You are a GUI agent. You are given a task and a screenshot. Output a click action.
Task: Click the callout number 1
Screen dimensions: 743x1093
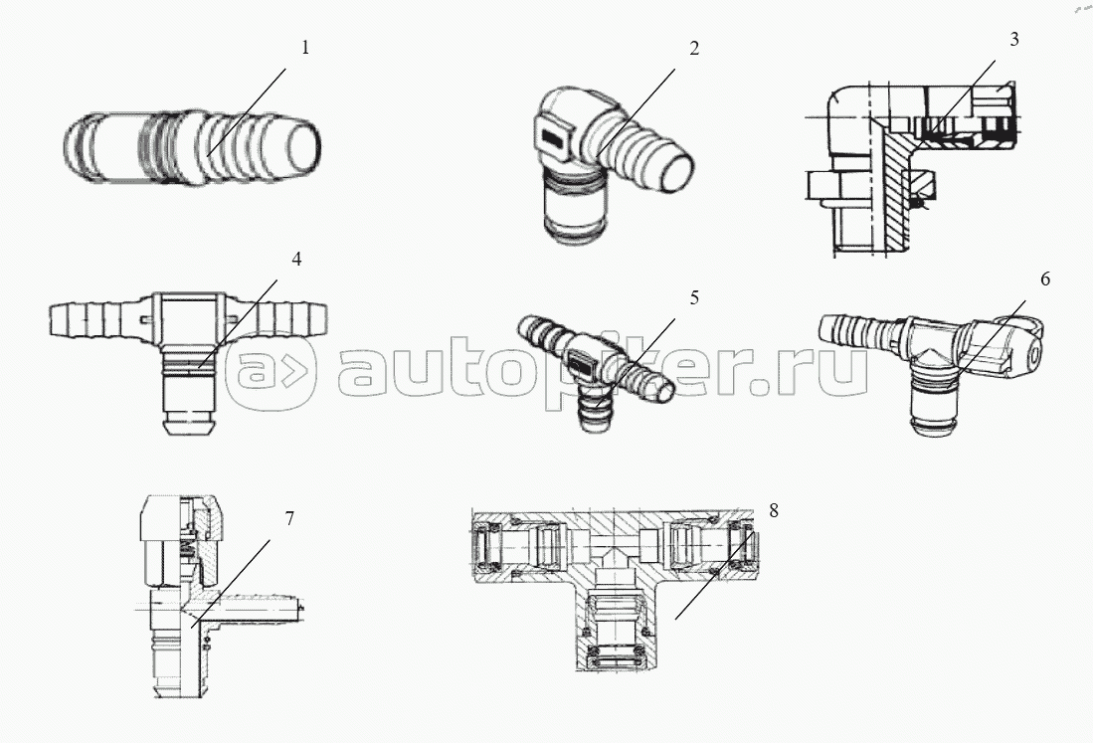coord(306,47)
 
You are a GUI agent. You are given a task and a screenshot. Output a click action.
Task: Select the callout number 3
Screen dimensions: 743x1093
coord(1013,40)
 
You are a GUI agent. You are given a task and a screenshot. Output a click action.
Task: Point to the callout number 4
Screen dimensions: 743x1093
coord(296,259)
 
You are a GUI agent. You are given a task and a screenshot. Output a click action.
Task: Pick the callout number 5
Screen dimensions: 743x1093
coord(694,296)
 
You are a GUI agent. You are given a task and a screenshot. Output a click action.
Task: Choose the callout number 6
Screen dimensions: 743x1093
coord(1044,279)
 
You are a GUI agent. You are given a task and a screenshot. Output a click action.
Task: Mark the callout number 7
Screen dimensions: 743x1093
coord(288,518)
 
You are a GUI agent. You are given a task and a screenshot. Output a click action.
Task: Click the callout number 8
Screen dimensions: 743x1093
coord(774,510)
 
